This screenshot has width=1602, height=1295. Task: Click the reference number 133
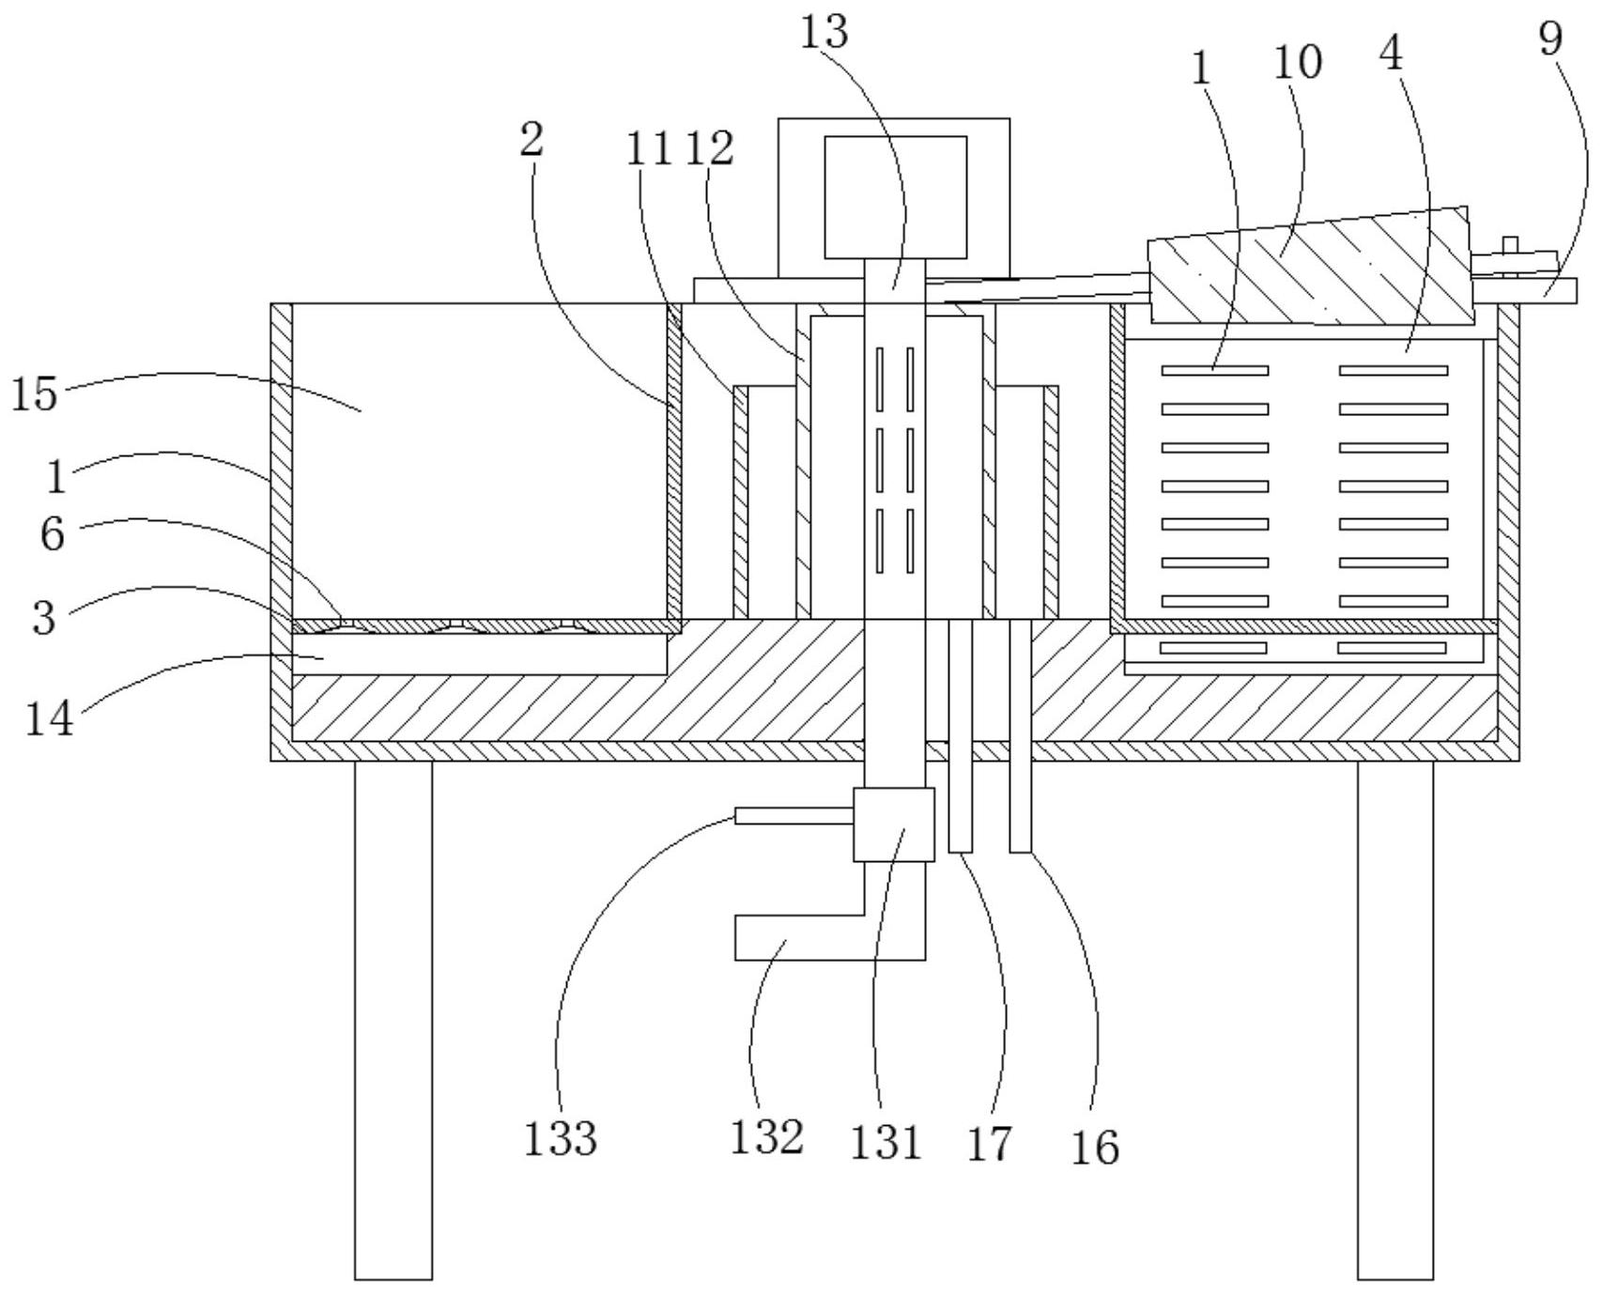[561, 1139]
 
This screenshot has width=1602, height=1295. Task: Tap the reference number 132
[767, 1137]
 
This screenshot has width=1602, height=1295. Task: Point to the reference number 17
[989, 1144]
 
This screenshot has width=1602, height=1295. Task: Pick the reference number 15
[35, 394]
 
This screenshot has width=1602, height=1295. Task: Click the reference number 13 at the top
[824, 33]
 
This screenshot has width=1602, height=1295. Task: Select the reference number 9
[1551, 39]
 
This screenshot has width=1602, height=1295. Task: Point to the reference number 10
[1298, 63]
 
